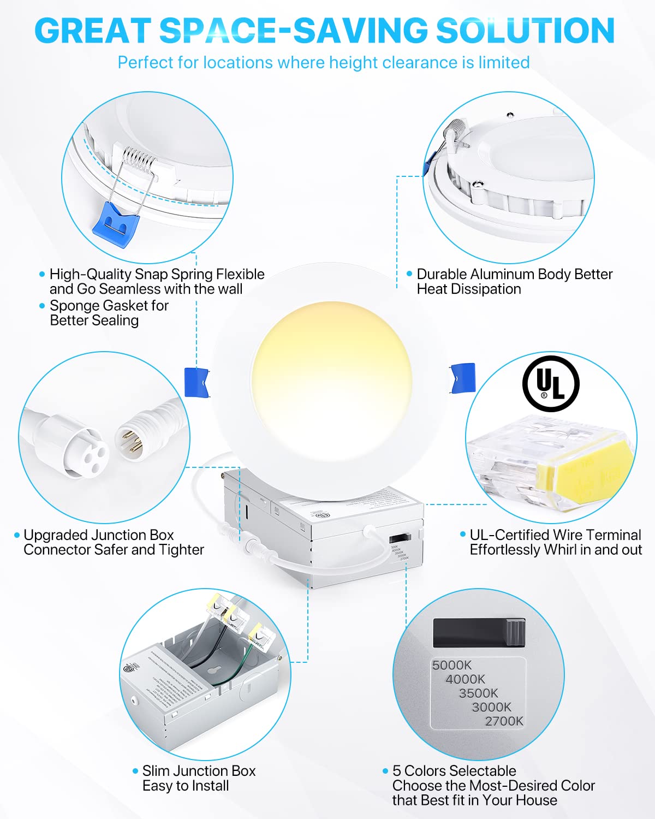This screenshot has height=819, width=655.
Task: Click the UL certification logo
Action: pos(551,383)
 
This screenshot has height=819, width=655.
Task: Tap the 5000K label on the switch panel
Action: pos(451,665)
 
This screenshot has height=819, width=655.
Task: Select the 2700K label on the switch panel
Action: pos(504,721)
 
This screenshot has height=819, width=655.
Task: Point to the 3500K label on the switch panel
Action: pos(478,693)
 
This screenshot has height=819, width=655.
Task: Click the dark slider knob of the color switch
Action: pos(515,633)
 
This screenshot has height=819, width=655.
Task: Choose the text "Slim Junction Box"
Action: pos(199,771)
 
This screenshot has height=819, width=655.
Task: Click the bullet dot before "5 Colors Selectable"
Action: pos(385,771)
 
